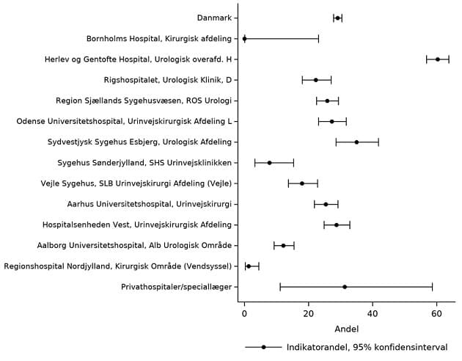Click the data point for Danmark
click(337, 18)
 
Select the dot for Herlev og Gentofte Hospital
click(438, 59)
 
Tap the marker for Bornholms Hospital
click(244, 38)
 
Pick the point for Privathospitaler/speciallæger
click(345, 287)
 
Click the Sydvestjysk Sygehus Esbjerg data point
click(356, 142)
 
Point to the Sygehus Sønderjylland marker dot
click(269, 163)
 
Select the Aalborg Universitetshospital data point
click(283, 245)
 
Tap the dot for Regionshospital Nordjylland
click(249, 266)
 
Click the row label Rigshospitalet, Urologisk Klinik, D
click(160, 80)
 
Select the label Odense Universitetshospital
click(124, 121)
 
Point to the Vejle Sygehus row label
click(137, 183)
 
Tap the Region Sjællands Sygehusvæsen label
click(144, 101)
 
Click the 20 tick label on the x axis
click(309, 313)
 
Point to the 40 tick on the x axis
click(373, 313)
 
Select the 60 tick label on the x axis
click(437, 313)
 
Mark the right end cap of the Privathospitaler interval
click(432, 287)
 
